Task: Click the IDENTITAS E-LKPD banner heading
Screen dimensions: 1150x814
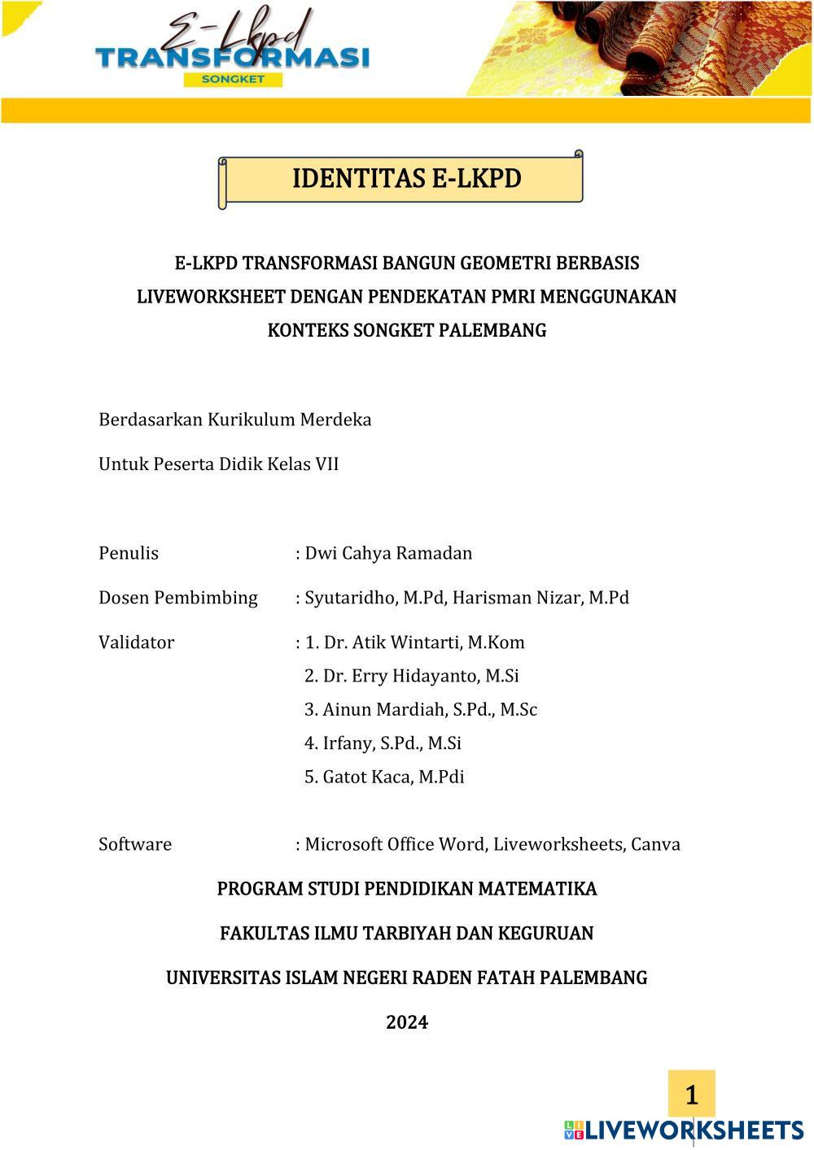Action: pyautogui.click(x=406, y=178)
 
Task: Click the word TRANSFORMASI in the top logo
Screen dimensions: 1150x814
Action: pyautogui.click(x=232, y=58)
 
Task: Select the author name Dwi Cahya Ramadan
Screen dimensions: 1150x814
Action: pyautogui.click(x=388, y=553)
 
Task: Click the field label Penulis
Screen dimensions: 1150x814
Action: pyautogui.click(x=129, y=553)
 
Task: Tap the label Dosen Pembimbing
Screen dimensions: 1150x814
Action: pyautogui.click(x=178, y=598)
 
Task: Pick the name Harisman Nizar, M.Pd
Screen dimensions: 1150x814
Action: pyautogui.click(x=540, y=598)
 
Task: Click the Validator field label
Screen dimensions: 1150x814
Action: pyautogui.click(x=136, y=643)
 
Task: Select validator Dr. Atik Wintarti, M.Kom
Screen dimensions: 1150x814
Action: pyautogui.click(x=424, y=643)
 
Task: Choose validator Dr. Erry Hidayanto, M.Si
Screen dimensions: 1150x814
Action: pyautogui.click(x=421, y=676)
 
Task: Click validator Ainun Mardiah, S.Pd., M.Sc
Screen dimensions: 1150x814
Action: pyautogui.click(x=430, y=709)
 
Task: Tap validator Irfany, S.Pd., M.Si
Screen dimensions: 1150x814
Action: pyautogui.click(x=392, y=743)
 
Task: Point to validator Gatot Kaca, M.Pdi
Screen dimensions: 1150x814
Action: pyautogui.click(x=393, y=777)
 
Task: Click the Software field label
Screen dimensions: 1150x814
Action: pyautogui.click(x=135, y=844)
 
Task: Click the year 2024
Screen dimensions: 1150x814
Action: pyautogui.click(x=407, y=1022)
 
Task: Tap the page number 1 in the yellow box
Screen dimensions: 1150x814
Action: pyautogui.click(x=692, y=1095)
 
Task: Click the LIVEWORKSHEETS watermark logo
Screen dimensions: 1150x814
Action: pyautogui.click(x=684, y=1130)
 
